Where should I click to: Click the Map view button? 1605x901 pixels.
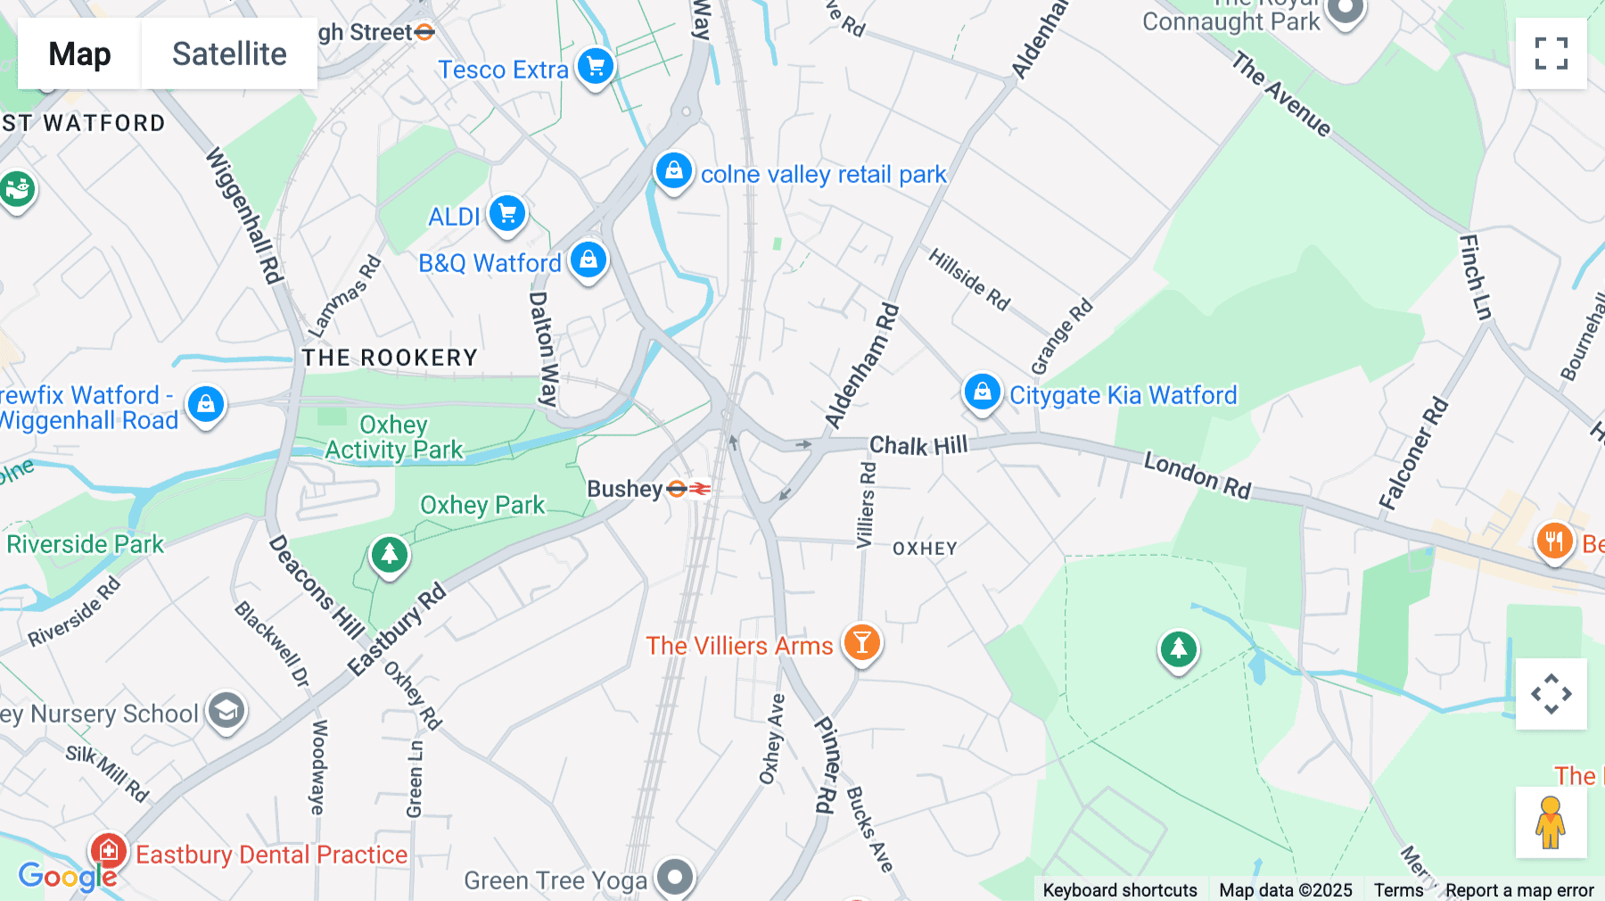79,54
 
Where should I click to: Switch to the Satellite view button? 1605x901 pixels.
229,54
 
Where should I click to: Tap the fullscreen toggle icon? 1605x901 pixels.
1551,54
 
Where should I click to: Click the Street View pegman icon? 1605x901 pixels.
1551,822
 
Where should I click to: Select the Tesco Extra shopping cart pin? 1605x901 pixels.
595,66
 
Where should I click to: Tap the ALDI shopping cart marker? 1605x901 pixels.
507,214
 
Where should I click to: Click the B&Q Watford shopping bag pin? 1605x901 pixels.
588,260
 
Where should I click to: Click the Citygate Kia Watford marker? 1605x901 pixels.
982,392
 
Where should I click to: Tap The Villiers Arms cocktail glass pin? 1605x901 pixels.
861,641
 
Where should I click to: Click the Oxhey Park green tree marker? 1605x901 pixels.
389,555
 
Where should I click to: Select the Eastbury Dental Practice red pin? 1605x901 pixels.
109,851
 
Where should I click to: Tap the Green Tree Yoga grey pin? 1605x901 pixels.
675,877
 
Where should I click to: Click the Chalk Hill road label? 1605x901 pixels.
918,445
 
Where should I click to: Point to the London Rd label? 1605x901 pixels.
1198,475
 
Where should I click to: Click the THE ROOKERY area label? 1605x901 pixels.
390,358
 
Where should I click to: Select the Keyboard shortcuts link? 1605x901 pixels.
1120,889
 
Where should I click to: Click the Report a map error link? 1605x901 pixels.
1519,889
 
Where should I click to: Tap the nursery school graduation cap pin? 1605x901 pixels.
226,711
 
